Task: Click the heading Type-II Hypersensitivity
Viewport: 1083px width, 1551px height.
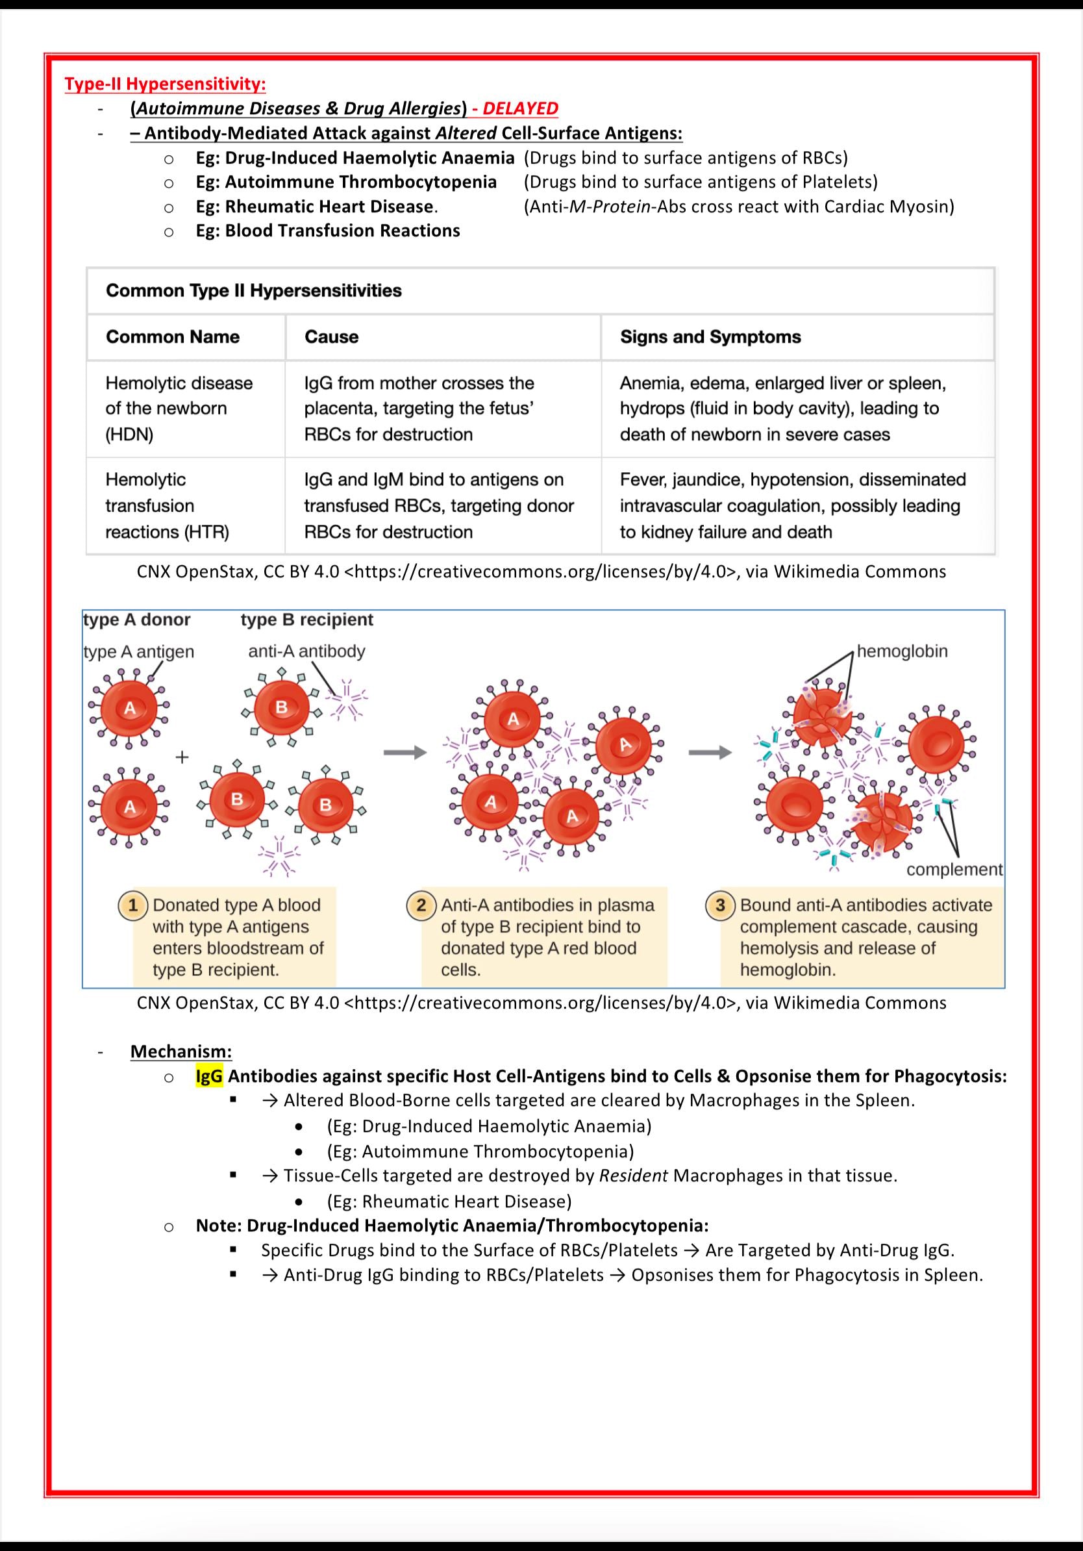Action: (x=165, y=84)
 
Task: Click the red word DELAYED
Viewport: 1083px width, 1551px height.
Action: (x=520, y=108)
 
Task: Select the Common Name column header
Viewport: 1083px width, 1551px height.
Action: (x=172, y=336)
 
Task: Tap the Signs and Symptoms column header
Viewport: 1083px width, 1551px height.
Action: (x=710, y=336)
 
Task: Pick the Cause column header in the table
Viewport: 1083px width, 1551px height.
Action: (x=331, y=336)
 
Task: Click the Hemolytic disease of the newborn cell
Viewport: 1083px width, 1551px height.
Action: (x=179, y=408)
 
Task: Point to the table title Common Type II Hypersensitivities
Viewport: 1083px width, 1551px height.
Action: (x=253, y=290)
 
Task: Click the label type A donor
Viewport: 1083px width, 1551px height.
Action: (x=136, y=620)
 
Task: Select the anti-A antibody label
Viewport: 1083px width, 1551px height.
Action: (x=306, y=651)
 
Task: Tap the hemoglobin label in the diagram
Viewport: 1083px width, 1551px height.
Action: (x=902, y=651)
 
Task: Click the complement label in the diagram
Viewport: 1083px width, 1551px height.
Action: (x=954, y=870)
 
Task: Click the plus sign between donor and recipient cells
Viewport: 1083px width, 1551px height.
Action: (x=182, y=757)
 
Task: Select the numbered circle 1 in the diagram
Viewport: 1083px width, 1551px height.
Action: (x=133, y=905)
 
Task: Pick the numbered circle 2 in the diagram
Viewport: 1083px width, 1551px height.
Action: (x=421, y=905)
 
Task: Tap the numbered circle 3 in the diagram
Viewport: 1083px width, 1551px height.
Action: (x=720, y=905)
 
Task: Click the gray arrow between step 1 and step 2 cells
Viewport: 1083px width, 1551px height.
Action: (x=405, y=753)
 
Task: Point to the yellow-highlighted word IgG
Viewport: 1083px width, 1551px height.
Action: (x=208, y=1076)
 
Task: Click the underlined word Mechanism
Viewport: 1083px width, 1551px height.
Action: (x=180, y=1051)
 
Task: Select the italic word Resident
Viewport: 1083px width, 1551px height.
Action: (x=633, y=1176)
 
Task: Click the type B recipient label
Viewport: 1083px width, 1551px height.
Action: (x=306, y=620)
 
